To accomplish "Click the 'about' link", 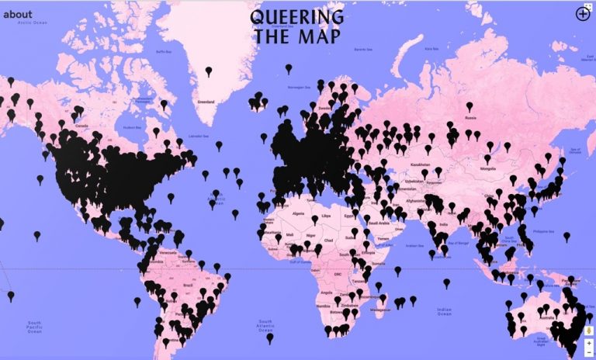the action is (18, 13).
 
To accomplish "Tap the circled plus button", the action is (583, 13).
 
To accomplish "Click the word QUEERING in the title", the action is (297, 17).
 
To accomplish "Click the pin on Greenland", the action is (208, 72).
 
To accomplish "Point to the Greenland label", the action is (206, 102).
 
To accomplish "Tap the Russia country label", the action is (469, 118).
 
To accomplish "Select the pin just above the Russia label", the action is (469, 106).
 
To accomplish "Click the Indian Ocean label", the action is (445, 312).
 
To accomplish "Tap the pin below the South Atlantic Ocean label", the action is (270, 337).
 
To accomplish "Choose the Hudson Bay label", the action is (132, 127).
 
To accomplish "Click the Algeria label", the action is (298, 209).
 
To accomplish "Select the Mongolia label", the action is (487, 168).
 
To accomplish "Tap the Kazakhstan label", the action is (420, 164).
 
